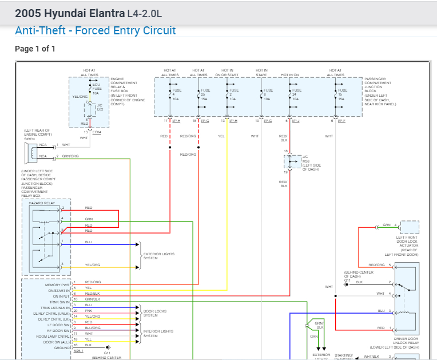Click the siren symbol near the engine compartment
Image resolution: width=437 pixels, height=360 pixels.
point(30,152)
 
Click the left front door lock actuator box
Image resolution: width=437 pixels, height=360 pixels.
point(410,227)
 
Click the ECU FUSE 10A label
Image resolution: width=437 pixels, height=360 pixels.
point(96,88)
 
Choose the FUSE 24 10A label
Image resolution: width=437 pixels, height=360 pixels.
point(296,94)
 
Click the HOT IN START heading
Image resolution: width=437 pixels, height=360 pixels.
point(261,73)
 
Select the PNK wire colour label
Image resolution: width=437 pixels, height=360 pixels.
point(88,310)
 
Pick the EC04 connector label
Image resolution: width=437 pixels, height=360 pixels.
point(96,132)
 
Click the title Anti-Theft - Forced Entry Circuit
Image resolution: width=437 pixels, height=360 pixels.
point(95,31)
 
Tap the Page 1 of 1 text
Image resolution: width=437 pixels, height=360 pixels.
point(35,49)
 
